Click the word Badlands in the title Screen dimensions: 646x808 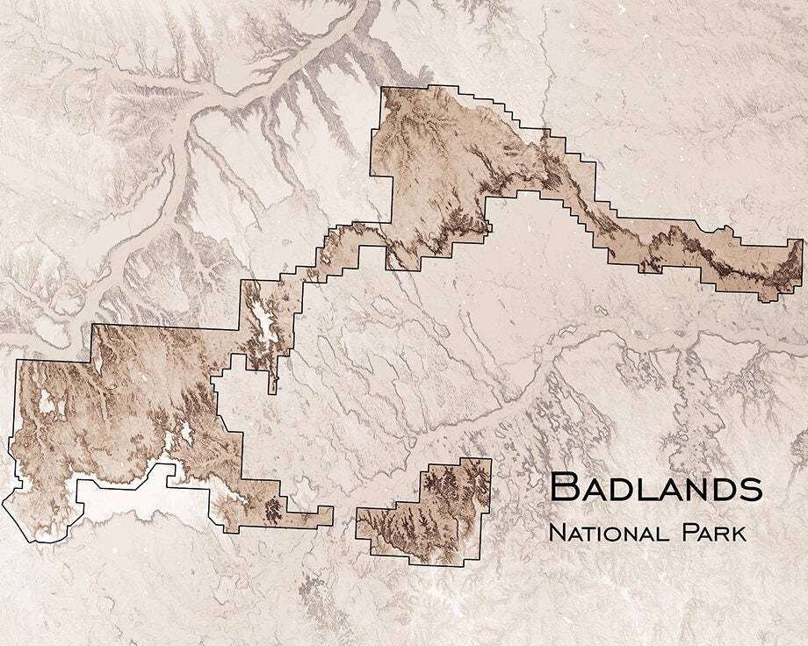[655, 488]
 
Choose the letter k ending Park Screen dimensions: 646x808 [740, 533]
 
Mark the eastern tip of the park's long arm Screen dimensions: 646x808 [799, 263]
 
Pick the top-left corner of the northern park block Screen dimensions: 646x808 [382, 89]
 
